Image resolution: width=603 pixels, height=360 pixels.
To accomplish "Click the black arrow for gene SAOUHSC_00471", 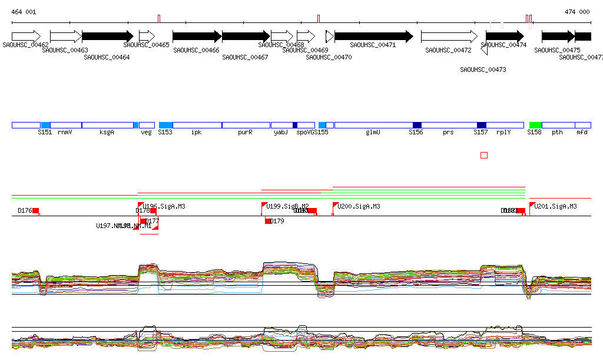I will point(373,36).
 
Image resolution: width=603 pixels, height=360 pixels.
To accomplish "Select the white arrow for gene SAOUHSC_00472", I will point(449,36).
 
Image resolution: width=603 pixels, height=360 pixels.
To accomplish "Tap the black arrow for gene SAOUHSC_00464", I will point(107,36).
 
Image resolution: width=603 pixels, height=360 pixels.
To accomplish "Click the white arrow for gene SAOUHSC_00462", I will point(26,36).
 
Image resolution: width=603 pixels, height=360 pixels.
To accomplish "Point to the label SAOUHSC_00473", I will point(483,70).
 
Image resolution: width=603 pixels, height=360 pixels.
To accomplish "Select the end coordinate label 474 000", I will point(577,12).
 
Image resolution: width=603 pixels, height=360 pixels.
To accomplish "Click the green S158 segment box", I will point(535,125).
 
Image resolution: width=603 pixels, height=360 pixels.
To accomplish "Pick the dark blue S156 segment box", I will point(417,125).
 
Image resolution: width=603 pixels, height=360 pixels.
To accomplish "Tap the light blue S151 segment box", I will point(45,125).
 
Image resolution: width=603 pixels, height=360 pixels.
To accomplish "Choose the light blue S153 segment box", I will point(165,125).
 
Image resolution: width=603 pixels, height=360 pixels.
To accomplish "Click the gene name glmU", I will point(373,133).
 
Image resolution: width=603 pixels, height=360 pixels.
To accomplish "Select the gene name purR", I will point(245,133).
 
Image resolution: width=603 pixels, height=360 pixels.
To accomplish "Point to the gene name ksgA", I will point(107,133).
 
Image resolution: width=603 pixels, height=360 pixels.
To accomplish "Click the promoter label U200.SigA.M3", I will point(359,207).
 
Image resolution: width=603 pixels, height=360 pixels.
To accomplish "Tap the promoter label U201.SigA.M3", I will point(555,207).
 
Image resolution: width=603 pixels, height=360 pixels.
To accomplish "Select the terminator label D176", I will point(25,210).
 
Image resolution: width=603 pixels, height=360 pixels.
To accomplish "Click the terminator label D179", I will point(277,222).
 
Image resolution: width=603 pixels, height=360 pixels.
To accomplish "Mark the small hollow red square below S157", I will point(484,155).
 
